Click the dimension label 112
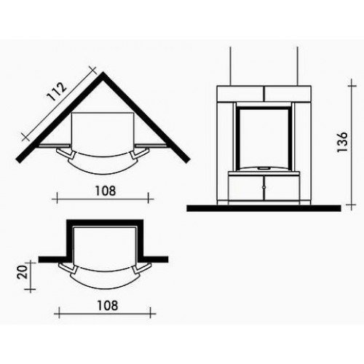point(57,92)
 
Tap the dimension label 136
point(343,142)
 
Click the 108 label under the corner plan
point(106,191)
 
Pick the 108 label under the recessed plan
point(108,305)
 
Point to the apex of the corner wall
point(103,72)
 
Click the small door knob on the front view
point(264,187)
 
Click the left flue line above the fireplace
point(230,66)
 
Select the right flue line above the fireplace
point(298,66)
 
